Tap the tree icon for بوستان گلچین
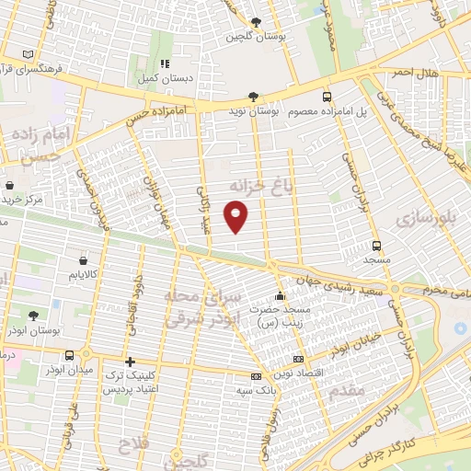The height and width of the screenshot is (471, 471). point(256,23)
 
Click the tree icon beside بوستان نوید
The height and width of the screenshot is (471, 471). point(253,96)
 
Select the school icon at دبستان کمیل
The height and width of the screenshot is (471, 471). point(165,63)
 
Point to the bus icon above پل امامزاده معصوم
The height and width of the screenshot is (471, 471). point(327,96)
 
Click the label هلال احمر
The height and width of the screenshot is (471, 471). point(415,72)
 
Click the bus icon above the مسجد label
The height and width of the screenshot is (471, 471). point(376,245)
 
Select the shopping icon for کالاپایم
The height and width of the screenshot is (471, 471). point(85,260)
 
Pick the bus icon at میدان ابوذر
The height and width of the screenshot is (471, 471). point(70,355)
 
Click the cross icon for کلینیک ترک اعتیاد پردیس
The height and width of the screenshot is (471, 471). point(130,362)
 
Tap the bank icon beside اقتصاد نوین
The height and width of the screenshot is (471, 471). point(297,359)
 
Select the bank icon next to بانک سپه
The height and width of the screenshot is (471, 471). point(256,376)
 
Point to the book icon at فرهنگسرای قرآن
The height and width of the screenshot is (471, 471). point(33,53)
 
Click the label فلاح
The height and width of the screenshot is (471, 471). point(129,449)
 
